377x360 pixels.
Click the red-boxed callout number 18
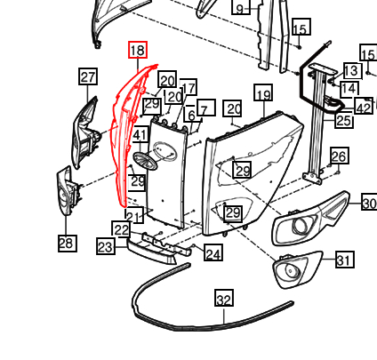138,50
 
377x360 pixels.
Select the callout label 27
88,76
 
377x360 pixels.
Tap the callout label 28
68,244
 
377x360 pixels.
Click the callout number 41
140,135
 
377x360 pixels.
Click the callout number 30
369,203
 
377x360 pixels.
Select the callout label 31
345,260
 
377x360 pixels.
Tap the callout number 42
364,107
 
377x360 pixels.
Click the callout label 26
339,156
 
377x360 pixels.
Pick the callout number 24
213,252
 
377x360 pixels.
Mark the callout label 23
106,246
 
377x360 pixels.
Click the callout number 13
353,70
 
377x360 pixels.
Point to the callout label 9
241,7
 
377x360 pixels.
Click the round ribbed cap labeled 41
145,161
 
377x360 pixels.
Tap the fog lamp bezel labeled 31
296,268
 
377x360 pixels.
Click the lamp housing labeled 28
68,190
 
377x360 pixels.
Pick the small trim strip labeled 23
151,252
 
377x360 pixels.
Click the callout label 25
344,120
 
